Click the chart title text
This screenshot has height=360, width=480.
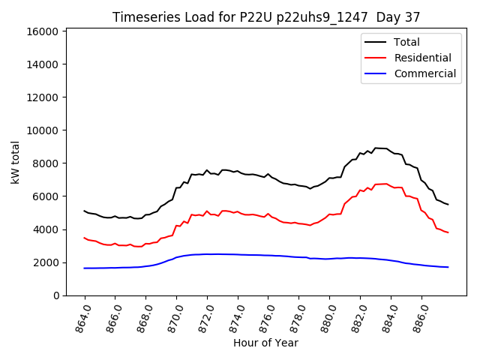click(266, 16)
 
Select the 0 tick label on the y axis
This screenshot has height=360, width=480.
click(57, 295)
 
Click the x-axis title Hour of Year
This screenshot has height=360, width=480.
click(265, 343)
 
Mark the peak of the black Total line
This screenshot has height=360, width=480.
click(376, 148)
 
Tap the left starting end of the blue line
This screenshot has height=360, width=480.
click(85, 268)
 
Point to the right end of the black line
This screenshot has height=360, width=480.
click(448, 204)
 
